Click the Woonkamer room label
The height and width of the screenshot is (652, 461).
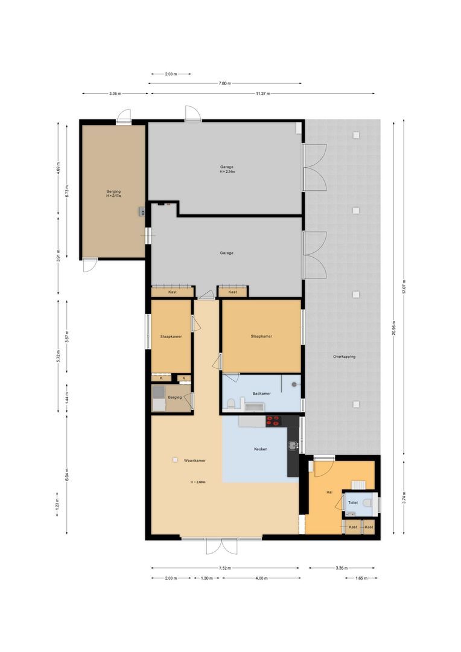pyautogui.click(x=195, y=461)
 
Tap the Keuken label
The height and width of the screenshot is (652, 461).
pyautogui.click(x=261, y=449)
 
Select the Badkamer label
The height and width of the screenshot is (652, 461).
pyautogui.click(x=261, y=394)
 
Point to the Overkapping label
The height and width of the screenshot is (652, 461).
pyautogui.click(x=344, y=357)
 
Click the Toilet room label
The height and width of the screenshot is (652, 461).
pyautogui.click(x=353, y=502)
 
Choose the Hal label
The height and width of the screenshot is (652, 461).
pyautogui.click(x=329, y=493)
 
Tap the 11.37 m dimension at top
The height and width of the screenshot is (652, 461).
pyautogui.click(x=262, y=94)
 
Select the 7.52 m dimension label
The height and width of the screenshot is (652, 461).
pyautogui.click(x=224, y=568)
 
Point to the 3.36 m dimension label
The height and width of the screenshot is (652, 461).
pyautogui.click(x=115, y=94)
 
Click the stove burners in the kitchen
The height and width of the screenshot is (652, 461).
pyautogui.click(x=273, y=421)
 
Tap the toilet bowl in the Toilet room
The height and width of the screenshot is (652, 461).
pyautogui.click(x=368, y=502)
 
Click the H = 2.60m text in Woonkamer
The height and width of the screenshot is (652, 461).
pyautogui.click(x=197, y=482)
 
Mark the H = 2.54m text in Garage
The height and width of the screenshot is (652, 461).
pyautogui.click(x=226, y=171)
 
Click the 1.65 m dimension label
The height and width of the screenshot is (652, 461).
pyautogui.click(x=361, y=578)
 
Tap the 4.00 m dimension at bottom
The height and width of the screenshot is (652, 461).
pyautogui.click(x=261, y=578)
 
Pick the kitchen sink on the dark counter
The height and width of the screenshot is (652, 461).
pyautogui.click(x=293, y=446)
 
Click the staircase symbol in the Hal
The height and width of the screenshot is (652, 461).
pyautogui.click(x=358, y=484)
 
